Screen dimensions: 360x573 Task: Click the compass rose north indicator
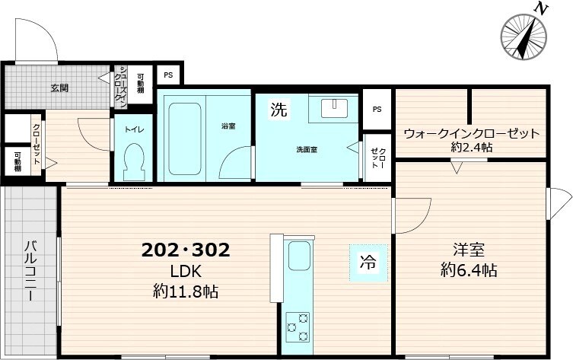click(524, 34)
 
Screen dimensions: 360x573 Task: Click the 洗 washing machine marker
click(279, 110)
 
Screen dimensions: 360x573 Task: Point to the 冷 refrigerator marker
click(368, 264)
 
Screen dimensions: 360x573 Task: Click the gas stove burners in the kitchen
click(296, 327)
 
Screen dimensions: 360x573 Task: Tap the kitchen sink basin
click(298, 253)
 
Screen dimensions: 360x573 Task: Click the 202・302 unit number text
click(186, 250)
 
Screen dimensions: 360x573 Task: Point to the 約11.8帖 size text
click(186, 291)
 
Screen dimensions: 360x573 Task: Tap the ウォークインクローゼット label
click(471, 133)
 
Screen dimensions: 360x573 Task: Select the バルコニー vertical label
click(30, 272)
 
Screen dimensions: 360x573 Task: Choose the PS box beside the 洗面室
click(377, 109)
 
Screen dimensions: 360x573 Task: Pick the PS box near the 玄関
click(168, 75)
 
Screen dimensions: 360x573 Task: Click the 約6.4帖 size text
click(470, 270)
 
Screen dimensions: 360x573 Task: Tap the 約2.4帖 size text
click(471, 148)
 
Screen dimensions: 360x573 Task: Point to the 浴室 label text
click(228, 126)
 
